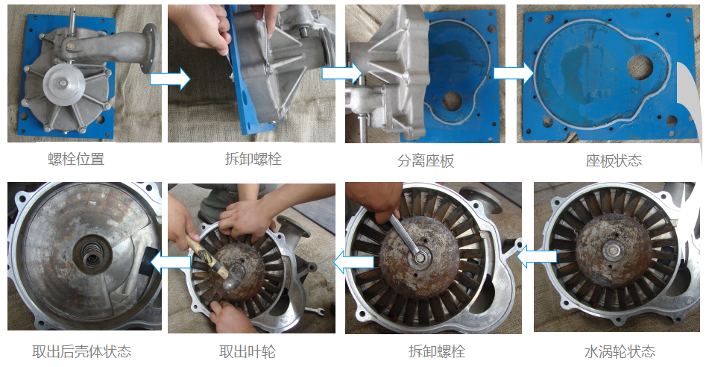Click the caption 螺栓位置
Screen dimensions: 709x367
pos(76,159)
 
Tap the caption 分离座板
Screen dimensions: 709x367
pos(426,160)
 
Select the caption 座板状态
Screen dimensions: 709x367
pos(614,160)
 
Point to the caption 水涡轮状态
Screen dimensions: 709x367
pos(620,351)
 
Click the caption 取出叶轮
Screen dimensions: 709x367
pos(248,351)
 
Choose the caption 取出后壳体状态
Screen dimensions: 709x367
pos(81,351)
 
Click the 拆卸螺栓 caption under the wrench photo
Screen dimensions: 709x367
pos(436,351)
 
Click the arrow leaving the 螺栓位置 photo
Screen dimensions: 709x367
pos(170,79)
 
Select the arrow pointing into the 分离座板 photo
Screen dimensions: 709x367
pos(342,72)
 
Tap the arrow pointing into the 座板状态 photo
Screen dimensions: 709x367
pos(514,73)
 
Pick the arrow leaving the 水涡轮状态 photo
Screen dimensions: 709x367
pos(536,257)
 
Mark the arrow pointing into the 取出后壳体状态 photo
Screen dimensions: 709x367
pos(171,263)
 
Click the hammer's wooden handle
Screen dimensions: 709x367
pos(207,256)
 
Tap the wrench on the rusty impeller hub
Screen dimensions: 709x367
pos(407,237)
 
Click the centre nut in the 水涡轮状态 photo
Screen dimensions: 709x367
pos(613,249)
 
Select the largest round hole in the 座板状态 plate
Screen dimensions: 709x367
pos(640,67)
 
